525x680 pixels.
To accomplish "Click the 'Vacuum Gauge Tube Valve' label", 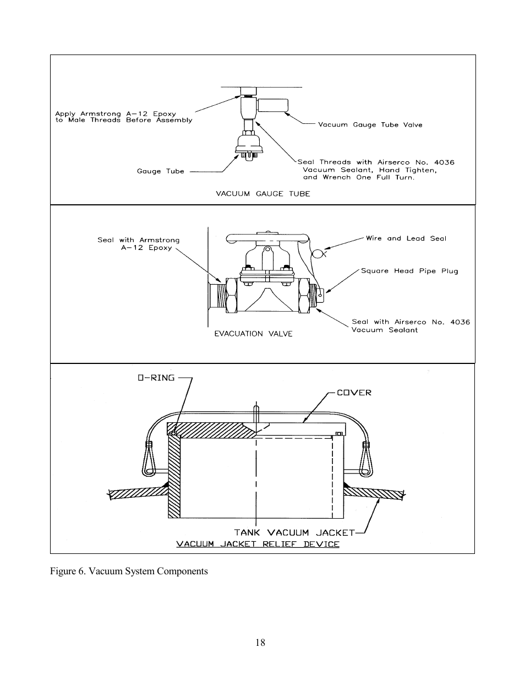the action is (370, 125).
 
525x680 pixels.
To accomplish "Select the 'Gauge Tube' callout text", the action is (160, 171).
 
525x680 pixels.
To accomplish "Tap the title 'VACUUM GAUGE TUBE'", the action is (263, 194).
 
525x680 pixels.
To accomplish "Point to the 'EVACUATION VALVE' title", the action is (253, 334).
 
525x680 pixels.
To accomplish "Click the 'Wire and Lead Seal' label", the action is (406, 238).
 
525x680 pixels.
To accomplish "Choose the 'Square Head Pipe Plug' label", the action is (409, 271).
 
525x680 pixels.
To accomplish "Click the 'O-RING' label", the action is (156, 378).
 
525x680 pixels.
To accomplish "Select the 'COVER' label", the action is (354, 393).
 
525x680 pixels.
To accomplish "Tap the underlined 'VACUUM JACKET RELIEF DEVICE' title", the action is (258, 544).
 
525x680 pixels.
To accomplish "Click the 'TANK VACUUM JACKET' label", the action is (294, 532).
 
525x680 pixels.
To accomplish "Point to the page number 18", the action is (260, 643).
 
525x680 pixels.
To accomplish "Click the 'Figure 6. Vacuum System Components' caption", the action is (129, 571).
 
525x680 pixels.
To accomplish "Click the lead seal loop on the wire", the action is (318, 253).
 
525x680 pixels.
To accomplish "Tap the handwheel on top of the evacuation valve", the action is (267, 238).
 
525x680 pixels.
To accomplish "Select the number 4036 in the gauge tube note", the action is (444, 162).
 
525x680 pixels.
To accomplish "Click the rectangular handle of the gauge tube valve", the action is (272, 105).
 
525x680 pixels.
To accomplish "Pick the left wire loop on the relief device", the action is (149, 459).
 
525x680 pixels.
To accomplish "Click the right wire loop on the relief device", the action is (366, 459).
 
